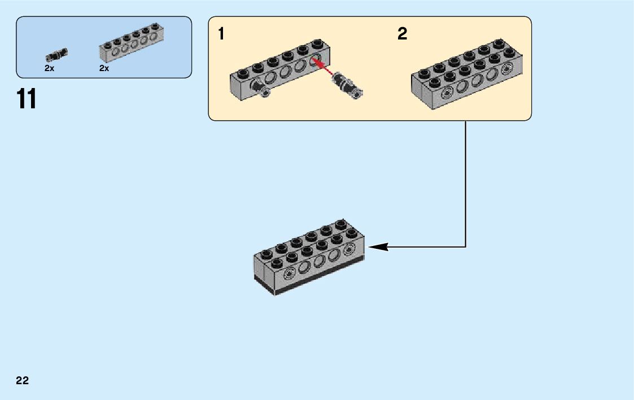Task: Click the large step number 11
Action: pyautogui.click(x=27, y=99)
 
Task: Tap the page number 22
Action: pyautogui.click(x=23, y=380)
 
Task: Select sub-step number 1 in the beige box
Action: pyautogui.click(x=221, y=33)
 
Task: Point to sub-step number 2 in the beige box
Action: pyautogui.click(x=403, y=33)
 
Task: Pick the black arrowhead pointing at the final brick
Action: pyautogui.click(x=378, y=247)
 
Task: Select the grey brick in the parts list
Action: pyautogui.click(x=132, y=43)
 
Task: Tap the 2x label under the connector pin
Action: pyautogui.click(x=49, y=69)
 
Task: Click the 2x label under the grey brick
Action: pyautogui.click(x=104, y=69)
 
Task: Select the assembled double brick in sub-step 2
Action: pyautogui.click(x=467, y=74)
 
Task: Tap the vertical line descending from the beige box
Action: pyautogui.click(x=465, y=184)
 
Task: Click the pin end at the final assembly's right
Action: pyautogui.click(x=348, y=250)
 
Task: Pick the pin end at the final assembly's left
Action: pyautogui.click(x=288, y=275)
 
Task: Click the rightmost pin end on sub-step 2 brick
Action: pyautogui.click(x=506, y=70)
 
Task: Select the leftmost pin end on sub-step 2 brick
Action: pyautogui.click(x=447, y=94)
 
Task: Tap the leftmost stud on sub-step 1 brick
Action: pyautogui.click(x=242, y=73)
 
